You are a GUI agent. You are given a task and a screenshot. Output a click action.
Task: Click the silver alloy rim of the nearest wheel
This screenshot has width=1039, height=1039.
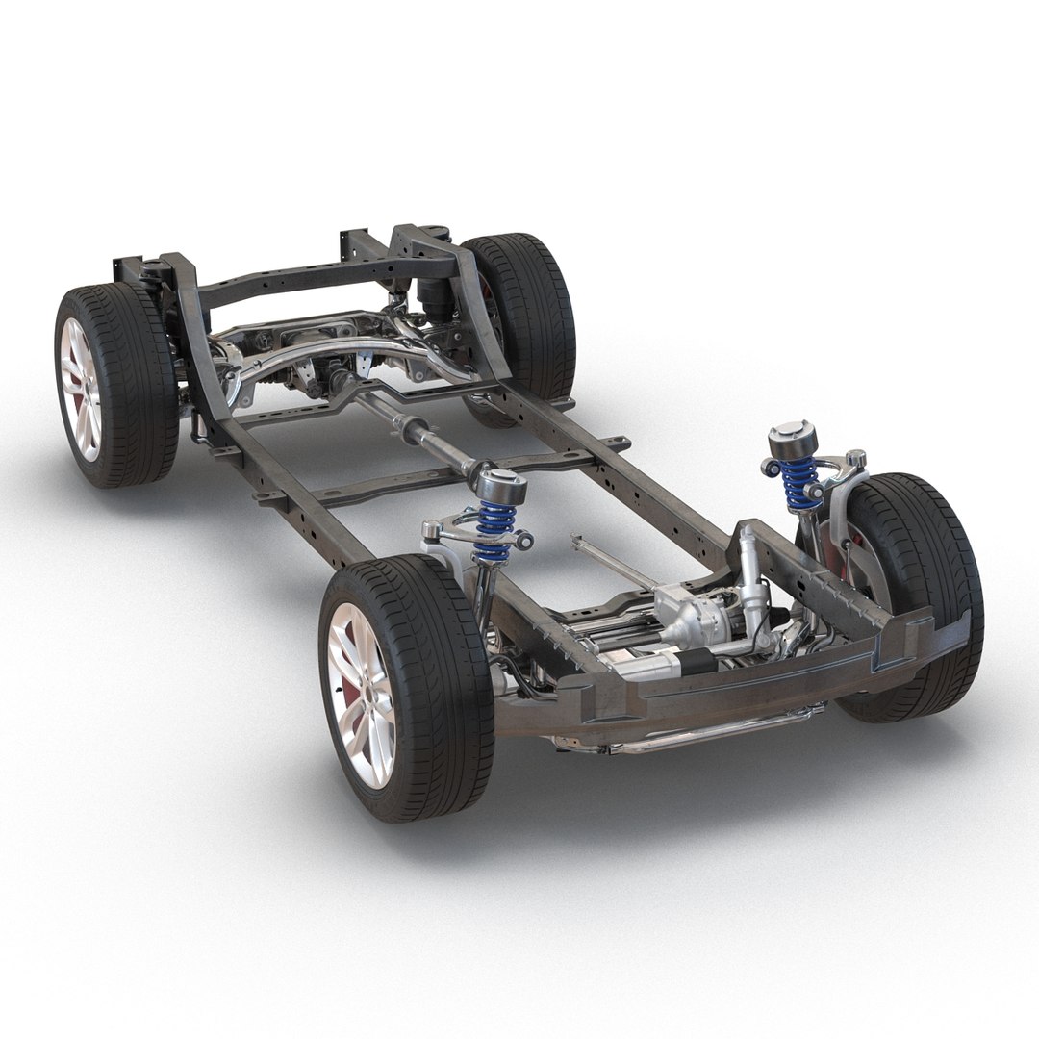tap(363, 694)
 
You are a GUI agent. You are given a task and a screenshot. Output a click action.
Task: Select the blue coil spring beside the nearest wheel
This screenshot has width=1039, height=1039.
tap(495, 530)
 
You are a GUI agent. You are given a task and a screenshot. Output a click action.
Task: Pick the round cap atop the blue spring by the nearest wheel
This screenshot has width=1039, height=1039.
tap(501, 486)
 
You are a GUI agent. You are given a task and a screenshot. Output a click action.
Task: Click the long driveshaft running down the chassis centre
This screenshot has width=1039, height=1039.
tap(414, 429)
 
